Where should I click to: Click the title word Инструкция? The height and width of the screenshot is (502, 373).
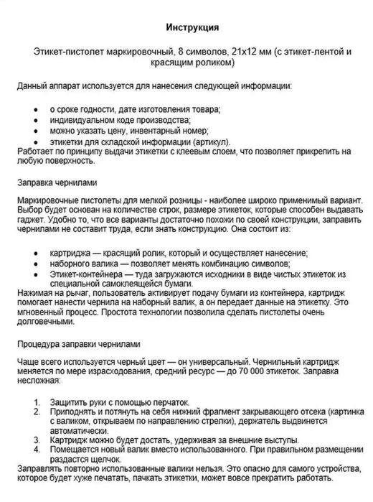[x=187, y=27]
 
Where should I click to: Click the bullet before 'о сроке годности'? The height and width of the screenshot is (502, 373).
[x=37, y=108]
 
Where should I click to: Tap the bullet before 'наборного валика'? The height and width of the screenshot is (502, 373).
[x=37, y=264]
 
